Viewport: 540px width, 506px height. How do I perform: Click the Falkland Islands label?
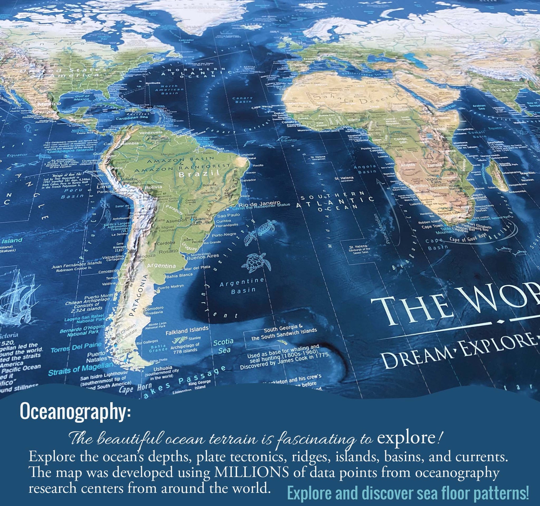click(187, 331)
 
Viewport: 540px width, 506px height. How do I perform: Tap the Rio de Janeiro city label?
click(259, 203)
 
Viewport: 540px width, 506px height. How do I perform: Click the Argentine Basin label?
click(242, 286)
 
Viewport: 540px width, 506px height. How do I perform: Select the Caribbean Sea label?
click(132, 118)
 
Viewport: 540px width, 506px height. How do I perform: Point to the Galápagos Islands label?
click(70, 151)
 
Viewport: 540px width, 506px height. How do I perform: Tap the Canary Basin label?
click(242, 100)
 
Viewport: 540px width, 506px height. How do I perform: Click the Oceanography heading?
click(75, 411)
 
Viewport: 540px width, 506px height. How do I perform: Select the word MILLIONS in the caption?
click(251, 472)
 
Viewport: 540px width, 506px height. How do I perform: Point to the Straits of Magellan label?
click(80, 369)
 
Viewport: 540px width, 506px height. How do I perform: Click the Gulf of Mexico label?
click(82, 98)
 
